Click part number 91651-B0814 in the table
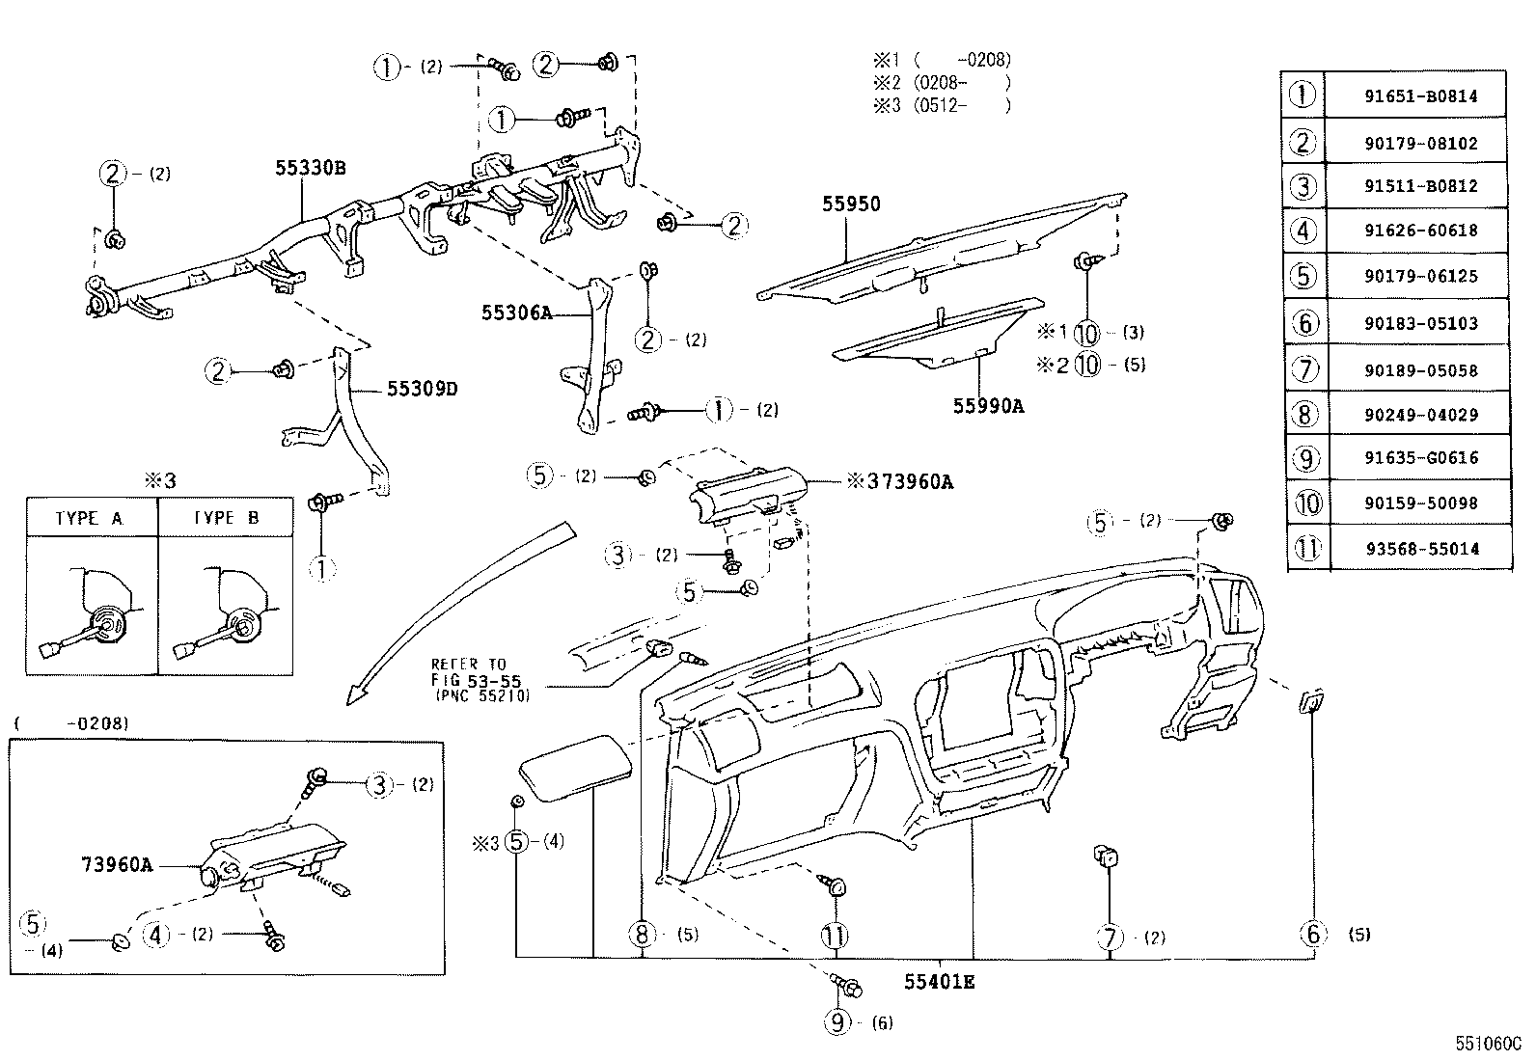pyautogui.click(x=1420, y=96)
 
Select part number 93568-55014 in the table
pyautogui.click(x=1422, y=549)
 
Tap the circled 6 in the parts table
pyautogui.click(x=1304, y=323)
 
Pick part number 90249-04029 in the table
pyautogui.click(x=1421, y=415)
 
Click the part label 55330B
pyautogui.click(x=310, y=168)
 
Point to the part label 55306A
pyautogui.click(x=516, y=313)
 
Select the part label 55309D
pyautogui.click(x=422, y=389)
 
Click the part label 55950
pyautogui.click(x=851, y=204)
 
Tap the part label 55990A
pyautogui.click(x=988, y=406)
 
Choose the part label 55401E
pyautogui.click(x=939, y=982)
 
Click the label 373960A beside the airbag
pyautogui.click(x=909, y=482)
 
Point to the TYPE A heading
pyautogui.click(x=89, y=518)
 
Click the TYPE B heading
pyautogui.click(x=226, y=518)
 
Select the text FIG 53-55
pyautogui.click(x=476, y=680)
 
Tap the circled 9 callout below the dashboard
pyautogui.click(x=837, y=1022)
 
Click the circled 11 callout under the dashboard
pyautogui.click(x=835, y=936)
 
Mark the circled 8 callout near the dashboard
pyautogui.click(x=642, y=934)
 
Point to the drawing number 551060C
pyautogui.click(x=1488, y=1044)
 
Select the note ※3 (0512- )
pyautogui.click(x=942, y=105)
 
